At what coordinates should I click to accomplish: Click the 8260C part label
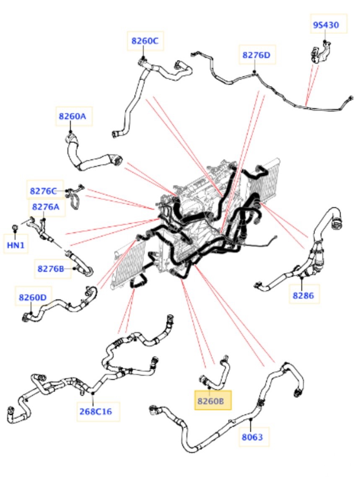(x=145, y=41)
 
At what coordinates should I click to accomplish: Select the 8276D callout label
(x=256, y=55)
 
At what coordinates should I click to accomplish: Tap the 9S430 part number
(x=326, y=25)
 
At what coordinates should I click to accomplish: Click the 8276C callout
(x=44, y=191)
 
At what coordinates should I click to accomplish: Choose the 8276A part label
(x=46, y=207)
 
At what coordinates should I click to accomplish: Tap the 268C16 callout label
(x=96, y=411)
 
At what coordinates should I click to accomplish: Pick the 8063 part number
(x=252, y=437)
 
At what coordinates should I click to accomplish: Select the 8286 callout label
(x=303, y=295)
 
